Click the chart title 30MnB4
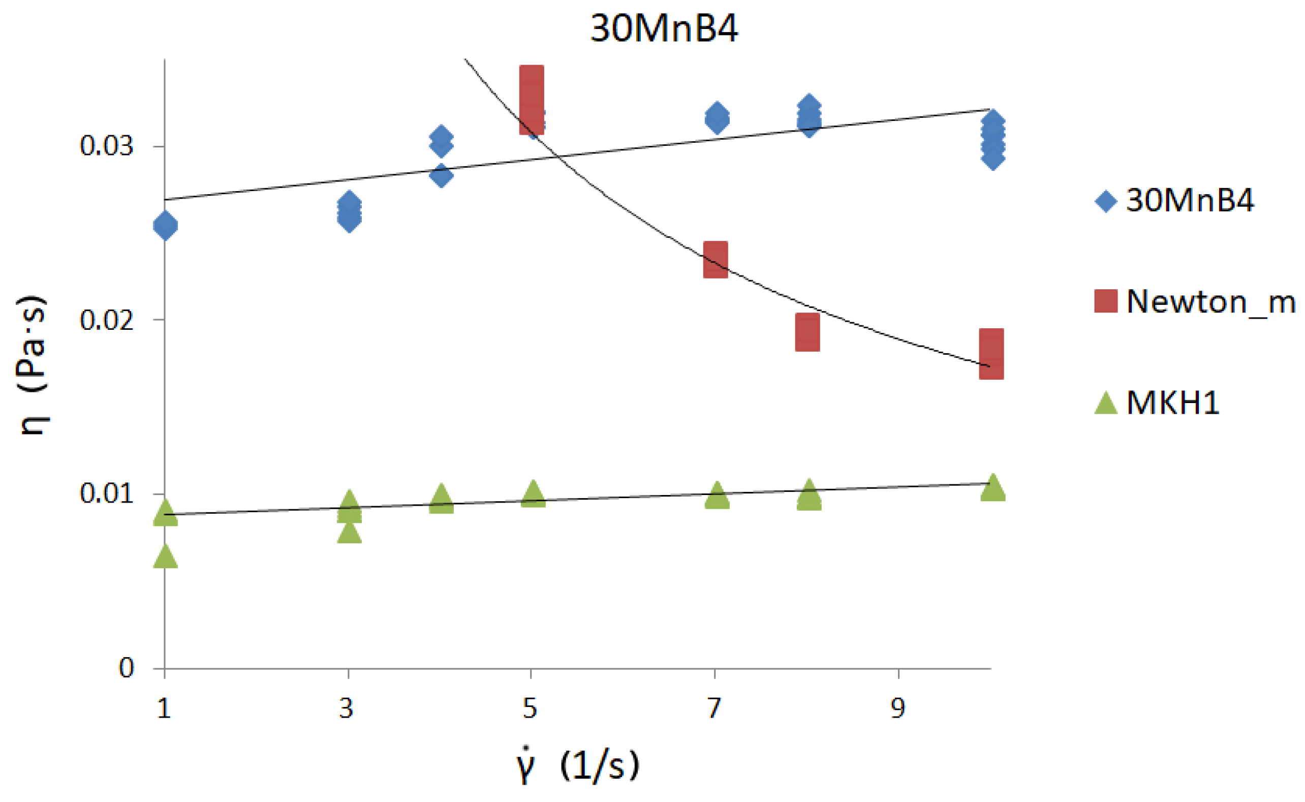click(x=663, y=28)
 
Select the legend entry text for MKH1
click(x=1172, y=403)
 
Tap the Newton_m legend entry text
click(x=1209, y=302)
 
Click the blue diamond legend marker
click(x=1106, y=201)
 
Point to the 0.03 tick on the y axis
click(x=106, y=146)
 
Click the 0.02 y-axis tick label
click(x=106, y=320)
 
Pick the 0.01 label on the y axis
click(x=106, y=494)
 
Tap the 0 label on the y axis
click(x=126, y=668)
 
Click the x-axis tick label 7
click(x=714, y=708)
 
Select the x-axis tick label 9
click(x=898, y=708)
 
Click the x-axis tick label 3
click(x=347, y=708)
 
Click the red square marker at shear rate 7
click(x=716, y=259)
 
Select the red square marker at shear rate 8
click(x=807, y=332)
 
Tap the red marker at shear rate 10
click(x=991, y=354)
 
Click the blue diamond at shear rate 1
click(x=165, y=226)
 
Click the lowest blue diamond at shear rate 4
click(x=441, y=175)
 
